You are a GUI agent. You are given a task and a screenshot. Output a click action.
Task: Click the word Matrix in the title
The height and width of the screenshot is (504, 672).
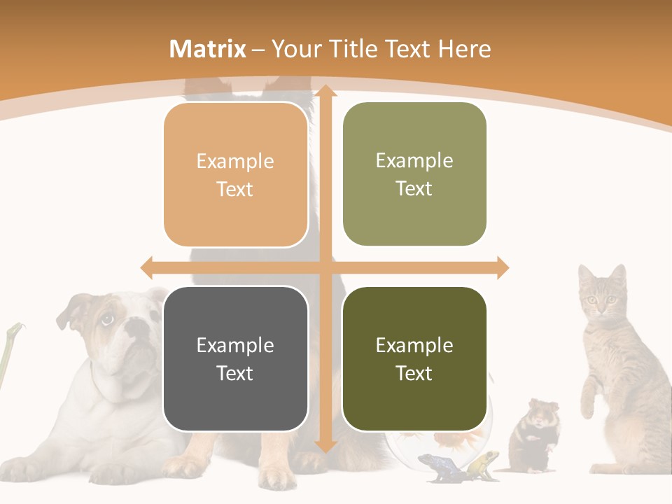pos(208,49)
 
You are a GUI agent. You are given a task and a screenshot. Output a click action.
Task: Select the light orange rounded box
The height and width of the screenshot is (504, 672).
pos(236,175)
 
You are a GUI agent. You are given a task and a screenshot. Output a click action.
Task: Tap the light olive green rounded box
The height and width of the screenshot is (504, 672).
pos(414,174)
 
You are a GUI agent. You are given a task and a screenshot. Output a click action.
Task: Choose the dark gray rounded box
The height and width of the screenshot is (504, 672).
pos(236,359)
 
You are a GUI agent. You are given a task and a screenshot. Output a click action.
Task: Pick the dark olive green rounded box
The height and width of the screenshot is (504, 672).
pos(414,359)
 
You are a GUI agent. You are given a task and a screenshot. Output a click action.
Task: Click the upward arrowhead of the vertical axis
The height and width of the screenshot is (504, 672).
pos(325,91)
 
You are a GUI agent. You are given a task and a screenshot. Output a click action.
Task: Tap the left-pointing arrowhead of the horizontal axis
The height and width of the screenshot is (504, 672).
pos(147,267)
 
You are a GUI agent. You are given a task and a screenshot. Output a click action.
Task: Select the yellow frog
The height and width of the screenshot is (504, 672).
pos(483,463)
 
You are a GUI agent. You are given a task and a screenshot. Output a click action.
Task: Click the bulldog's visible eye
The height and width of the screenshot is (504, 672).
pos(108,319)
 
